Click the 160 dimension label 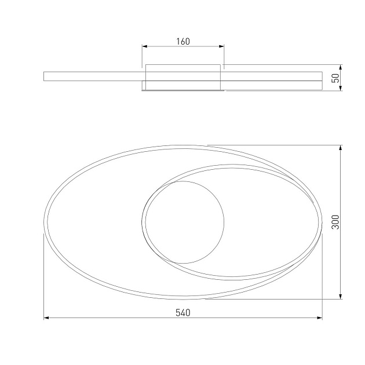tap(183, 42)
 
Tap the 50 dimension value tap(335, 78)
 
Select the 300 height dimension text tap(335, 222)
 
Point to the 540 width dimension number tap(183, 313)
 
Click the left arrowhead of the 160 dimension tap(145, 46)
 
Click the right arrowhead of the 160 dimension tap(221, 46)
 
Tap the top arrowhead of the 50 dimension tap(341, 67)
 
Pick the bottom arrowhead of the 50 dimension tap(341, 88)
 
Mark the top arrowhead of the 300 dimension tap(341, 148)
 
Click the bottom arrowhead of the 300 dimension tap(341, 296)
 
